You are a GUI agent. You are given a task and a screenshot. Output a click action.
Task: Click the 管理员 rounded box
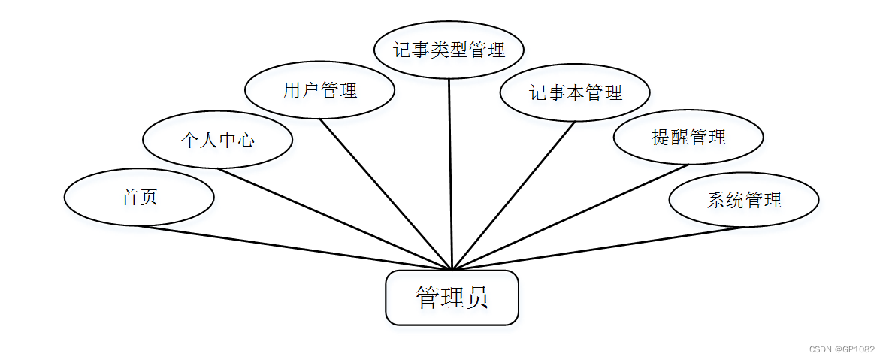tap(452, 298)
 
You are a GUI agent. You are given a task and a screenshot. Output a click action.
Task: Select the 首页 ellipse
tap(139, 198)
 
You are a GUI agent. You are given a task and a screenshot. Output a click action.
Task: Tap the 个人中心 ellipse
tap(217, 140)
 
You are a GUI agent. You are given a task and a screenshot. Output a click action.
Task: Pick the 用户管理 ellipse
tap(319, 91)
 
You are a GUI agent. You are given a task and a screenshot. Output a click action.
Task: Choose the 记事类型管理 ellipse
tap(449, 50)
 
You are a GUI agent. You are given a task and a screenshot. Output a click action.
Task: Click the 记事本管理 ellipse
tap(575, 92)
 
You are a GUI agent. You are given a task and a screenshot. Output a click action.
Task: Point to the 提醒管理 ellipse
tap(688, 137)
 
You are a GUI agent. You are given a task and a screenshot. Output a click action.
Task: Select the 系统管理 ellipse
tap(744, 200)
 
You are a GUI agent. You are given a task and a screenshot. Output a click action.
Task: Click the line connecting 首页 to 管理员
tap(295, 247)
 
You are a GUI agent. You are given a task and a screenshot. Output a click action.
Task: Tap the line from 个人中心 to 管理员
tap(334, 218)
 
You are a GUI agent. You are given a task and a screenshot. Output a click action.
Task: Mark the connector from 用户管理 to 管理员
tap(386, 194)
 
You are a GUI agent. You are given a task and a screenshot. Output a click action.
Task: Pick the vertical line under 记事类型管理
tap(450, 173)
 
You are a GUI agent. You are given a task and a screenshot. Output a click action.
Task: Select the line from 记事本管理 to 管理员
tap(513, 195)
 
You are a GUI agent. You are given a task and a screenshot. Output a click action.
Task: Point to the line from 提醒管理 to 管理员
tap(570, 217)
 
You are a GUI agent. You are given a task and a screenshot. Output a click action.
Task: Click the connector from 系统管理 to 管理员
tap(597, 247)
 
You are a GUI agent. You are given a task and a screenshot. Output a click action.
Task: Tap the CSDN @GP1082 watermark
tap(841, 349)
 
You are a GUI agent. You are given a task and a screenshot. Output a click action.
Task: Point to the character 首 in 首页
tap(129, 198)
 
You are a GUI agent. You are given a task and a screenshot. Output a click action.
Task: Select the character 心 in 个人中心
tap(245, 140)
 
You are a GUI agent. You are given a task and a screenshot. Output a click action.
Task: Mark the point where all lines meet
tap(452, 269)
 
